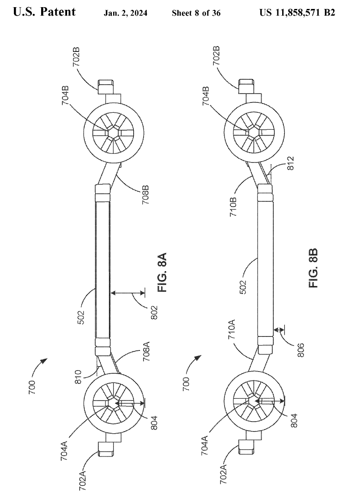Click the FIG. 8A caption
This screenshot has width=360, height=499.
pos(162,273)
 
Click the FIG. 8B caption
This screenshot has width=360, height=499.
pos(313,268)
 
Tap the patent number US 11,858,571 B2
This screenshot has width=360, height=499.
pos(297,13)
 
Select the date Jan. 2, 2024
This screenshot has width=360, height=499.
pos(125,13)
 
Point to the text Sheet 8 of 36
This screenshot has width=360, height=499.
pos(196,13)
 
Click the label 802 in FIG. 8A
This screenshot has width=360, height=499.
pos(154,312)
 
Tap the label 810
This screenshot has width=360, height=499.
pos(79,376)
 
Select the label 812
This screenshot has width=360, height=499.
pos(290,163)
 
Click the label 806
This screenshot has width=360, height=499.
pos(301,350)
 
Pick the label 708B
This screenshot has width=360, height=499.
pos(146,195)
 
